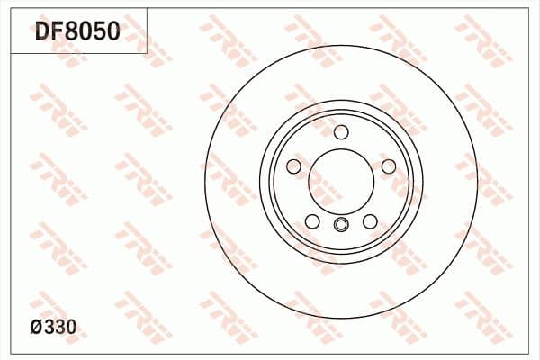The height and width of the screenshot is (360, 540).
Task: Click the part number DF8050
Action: (76, 32)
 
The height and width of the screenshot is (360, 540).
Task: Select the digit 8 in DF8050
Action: (72, 32)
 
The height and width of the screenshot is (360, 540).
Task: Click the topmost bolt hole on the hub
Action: (341, 132)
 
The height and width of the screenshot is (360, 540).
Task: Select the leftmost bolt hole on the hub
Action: (293, 166)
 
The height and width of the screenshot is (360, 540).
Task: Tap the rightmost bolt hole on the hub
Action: (389, 166)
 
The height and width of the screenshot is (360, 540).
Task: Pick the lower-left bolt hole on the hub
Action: (312, 221)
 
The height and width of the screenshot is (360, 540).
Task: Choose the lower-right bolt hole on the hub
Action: (370, 221)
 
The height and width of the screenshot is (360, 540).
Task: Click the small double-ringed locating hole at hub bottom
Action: (341, 226)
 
